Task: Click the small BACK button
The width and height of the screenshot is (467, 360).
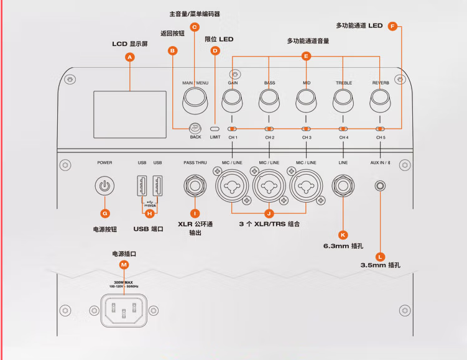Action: point(195,128)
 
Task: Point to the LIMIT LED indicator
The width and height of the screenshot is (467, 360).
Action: point(215,127)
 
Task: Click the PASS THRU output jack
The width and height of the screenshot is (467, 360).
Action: point(195,184)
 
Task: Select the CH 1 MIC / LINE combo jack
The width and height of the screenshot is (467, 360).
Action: point(232,185)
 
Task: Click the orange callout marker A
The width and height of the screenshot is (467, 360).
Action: point(129,57)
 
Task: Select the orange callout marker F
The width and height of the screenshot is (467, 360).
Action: point(392,26)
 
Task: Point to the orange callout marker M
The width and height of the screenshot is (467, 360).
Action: point(124,265)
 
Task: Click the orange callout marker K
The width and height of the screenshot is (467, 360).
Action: point(343,234)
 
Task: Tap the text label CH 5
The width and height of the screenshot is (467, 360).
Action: point(381,137)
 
